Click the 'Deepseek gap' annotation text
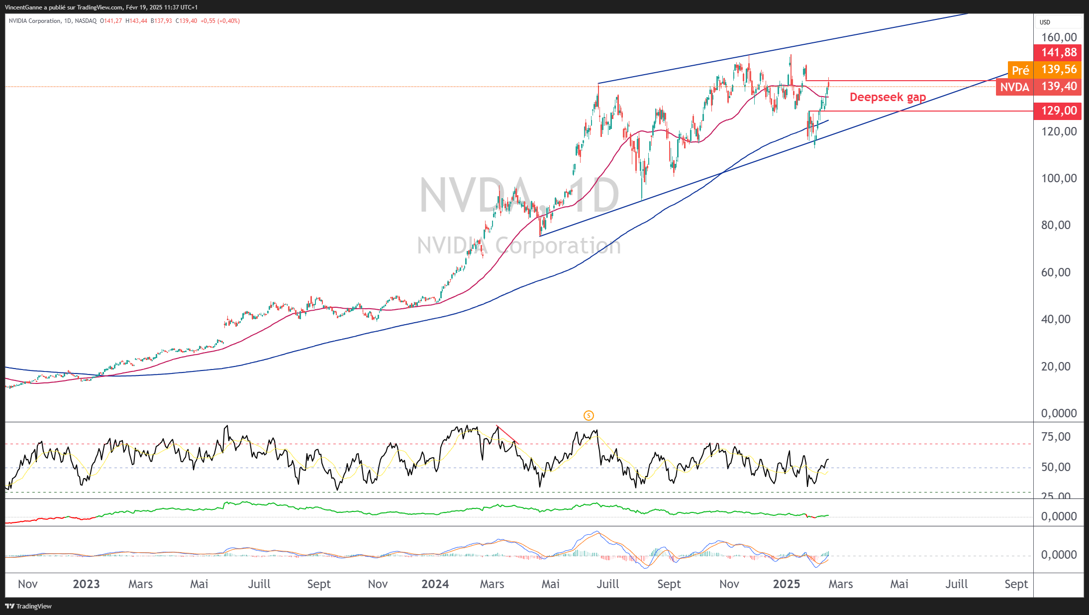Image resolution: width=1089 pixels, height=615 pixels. (888, 97)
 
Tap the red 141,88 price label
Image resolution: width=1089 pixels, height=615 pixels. (1059, 52)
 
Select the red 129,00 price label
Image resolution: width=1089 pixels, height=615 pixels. (1059, 111)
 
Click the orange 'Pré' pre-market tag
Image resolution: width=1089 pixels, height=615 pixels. (1020, 70)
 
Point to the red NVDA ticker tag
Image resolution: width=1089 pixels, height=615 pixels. (1014, 87)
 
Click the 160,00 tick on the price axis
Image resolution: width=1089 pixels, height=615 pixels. (1059, 37)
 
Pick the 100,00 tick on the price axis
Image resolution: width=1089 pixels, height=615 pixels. (1059, 178)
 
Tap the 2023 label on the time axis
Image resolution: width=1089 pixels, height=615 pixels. (86, 584)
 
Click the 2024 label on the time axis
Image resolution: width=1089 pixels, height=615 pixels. (435, 584)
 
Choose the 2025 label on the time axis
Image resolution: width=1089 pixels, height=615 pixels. (786, 584)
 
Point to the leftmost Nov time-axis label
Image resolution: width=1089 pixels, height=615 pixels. (28, 584)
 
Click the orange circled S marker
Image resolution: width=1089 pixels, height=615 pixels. (589, 415)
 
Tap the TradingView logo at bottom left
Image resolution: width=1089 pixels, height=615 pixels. (28, 606)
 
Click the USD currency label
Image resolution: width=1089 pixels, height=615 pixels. (1045, 22)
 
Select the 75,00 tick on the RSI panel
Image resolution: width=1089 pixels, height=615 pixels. (1056, 437)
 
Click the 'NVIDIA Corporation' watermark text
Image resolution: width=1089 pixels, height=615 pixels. (519, 246)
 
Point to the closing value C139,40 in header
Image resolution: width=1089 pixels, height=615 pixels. (187, 21)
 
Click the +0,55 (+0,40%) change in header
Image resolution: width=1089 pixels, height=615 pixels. (220, 21)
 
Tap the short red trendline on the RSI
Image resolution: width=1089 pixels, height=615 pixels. (507, 435)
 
